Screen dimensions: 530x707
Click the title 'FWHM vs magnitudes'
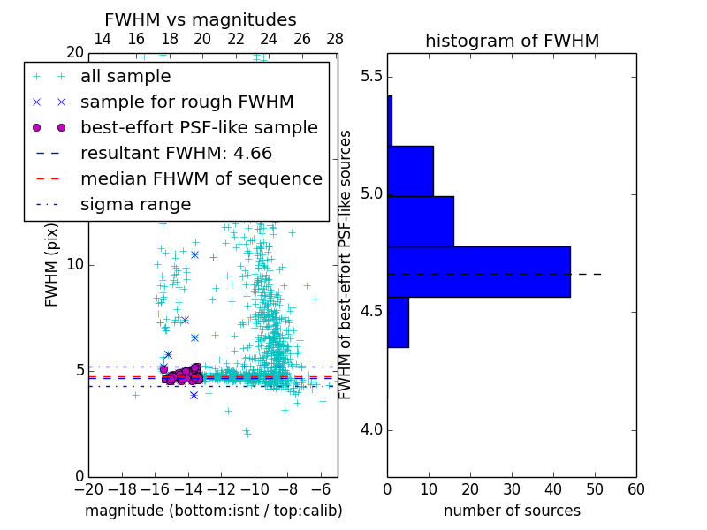[x=201, y=20]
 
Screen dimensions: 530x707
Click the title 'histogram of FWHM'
[x=512, y=42]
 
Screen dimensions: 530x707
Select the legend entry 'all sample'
[x=125, y=77]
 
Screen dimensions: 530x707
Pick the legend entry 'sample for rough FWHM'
[x=186, y=102]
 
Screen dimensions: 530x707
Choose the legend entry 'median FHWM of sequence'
[x=201, y=179]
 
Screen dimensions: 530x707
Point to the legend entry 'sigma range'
[x=135, y=205]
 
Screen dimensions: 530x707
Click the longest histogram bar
[x=478, y=271]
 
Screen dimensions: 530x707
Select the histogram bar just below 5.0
[x=421, y=221]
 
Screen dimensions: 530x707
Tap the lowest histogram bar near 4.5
[x=398, y=322]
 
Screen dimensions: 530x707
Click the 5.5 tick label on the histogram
[x=370, y=77]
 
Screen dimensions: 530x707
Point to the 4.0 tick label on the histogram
[x=370, y=430]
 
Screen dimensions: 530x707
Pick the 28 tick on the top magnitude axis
[x=335, y=40]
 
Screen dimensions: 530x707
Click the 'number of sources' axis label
[x=512, y=511]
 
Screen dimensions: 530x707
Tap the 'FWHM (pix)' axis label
[x=52, y=264]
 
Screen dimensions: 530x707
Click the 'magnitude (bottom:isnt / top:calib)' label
[x=213, y=511]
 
